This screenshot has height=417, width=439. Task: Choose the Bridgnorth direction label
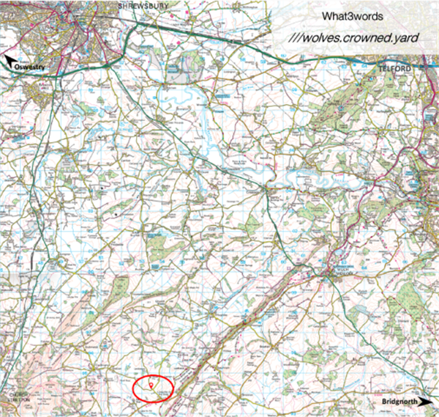[398, 402]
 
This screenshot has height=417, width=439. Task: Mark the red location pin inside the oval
[151, 384]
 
